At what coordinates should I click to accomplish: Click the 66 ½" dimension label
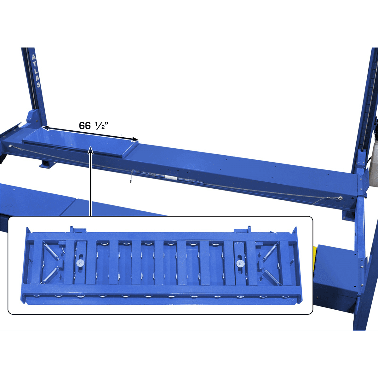94,125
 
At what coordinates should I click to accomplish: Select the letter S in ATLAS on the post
38,84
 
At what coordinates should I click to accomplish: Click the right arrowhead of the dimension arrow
136,139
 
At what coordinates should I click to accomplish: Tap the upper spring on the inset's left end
52,251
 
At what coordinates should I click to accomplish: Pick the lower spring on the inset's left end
50,275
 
